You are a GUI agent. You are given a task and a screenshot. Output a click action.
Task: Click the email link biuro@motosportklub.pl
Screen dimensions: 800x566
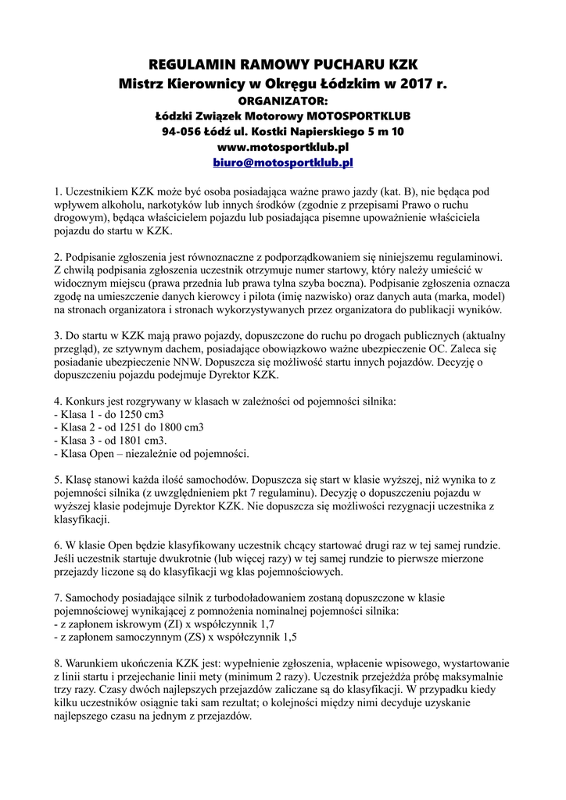point(283,162)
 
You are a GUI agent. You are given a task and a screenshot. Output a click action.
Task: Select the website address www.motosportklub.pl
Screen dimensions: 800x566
point(283,146)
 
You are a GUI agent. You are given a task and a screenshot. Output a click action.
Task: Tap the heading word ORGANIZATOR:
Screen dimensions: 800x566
point(283,100)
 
